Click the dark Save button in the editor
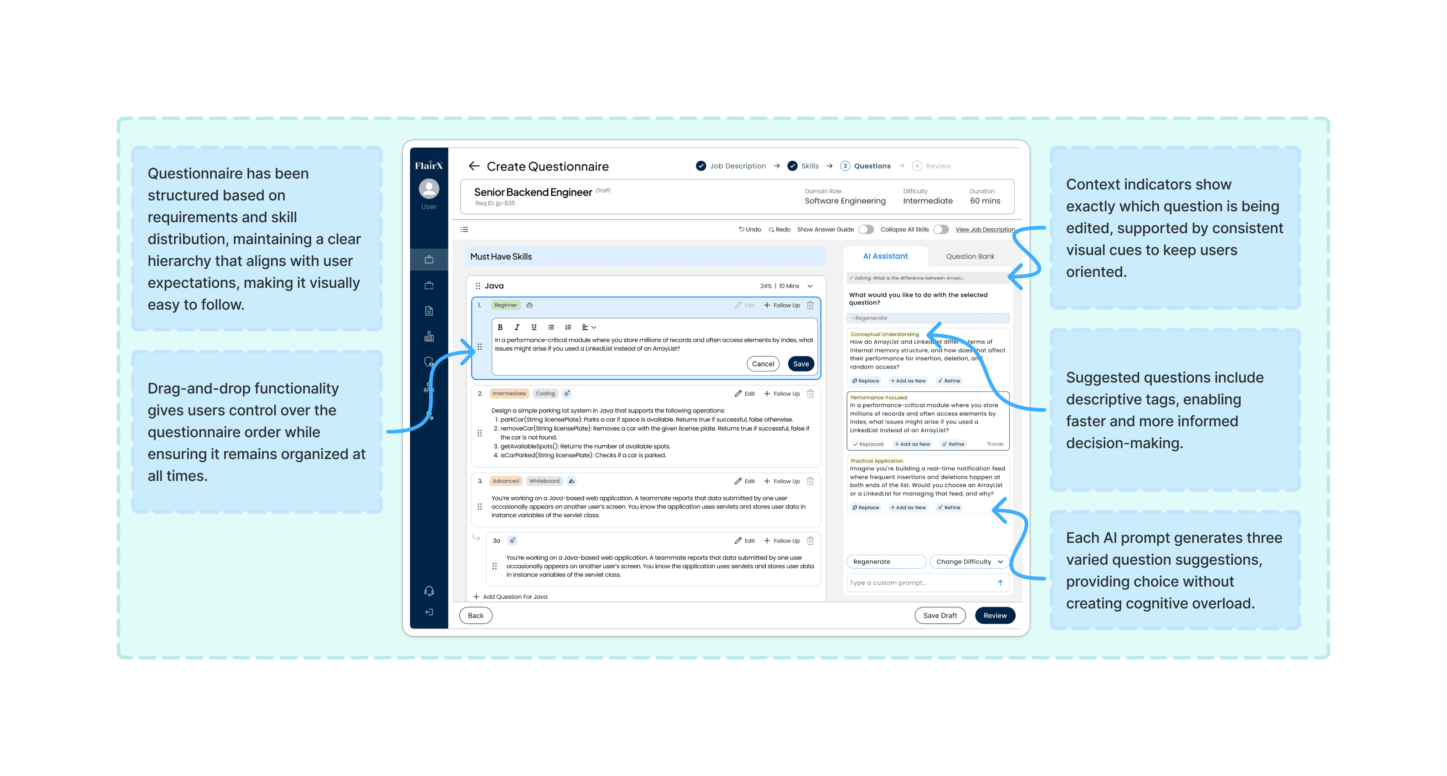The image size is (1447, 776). tap(800, 364)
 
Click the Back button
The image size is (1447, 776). tap(475, 615)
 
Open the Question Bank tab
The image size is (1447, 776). tap(970, 256)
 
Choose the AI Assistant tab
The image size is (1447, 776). tap(885, 256)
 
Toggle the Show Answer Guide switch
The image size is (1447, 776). tap(866, 230)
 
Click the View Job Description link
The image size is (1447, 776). tap(984, 230)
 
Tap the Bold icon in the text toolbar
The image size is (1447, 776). tap(500, 327)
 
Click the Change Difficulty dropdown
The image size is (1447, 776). tap(969, 562)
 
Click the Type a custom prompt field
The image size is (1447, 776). tap(921, 583)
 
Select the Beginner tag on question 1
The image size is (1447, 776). tap(506, 306)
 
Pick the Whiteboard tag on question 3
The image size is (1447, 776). tap(544, 481)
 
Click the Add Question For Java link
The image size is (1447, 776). tap(514, 597)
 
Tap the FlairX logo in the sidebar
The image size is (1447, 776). tap(429, 166)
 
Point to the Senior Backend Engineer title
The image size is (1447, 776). tap(533, 193)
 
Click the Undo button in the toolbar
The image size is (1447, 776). tap(750, 230)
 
